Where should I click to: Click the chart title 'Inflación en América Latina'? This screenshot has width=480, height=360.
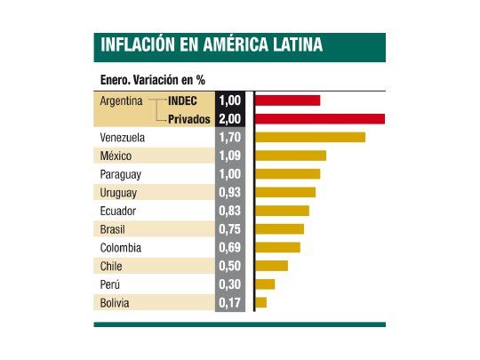[x=212, y=45]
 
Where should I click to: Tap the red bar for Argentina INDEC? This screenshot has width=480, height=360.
[x=288, y=100]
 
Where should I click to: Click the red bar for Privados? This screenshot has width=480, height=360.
[x=320, y=118]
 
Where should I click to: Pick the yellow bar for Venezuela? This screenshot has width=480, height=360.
[x=310, y=137]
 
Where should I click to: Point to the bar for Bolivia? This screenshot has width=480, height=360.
[x=261, y=303]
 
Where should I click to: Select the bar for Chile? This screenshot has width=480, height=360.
[x=272, y=266]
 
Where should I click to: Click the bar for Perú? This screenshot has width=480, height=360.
[x=265, y=284]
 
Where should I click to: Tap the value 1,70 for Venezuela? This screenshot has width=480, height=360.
[x=230, y=138]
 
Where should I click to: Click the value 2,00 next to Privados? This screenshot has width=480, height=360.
[x=230, y=119]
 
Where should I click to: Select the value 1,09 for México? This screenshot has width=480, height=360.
[x=230, y=156]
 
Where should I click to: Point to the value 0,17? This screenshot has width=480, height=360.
[x=230, y=303]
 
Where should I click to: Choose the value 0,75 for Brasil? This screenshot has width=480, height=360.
[x=230, y=229]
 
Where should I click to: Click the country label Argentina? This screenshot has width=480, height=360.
[x=123, y=101]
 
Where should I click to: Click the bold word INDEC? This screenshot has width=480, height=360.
[x=182, y=101]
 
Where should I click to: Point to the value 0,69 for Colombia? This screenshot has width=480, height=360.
[x=230, y=248]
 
